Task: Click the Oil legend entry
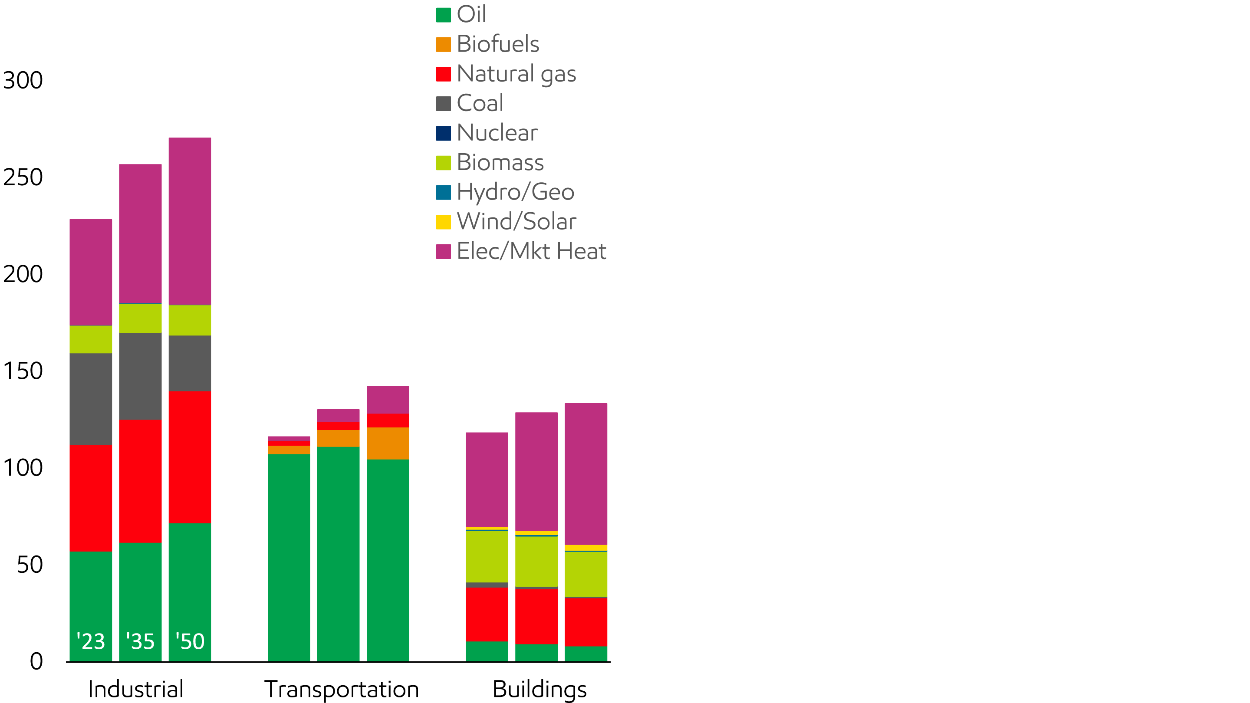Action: [470, 15]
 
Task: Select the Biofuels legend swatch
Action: [443, 45]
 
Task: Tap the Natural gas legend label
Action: [516, 74]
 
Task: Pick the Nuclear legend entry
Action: [497, 133]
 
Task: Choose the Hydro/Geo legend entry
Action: [515, 192]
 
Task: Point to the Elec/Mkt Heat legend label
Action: [531, 251]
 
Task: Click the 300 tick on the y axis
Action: [23, 81]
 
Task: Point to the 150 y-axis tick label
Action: [23, 371]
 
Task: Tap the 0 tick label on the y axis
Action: [36, 661]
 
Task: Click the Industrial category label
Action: [136, 690]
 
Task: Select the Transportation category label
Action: [342, 690]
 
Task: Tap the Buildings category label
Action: [539, 690]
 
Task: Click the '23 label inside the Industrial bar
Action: [91, 641]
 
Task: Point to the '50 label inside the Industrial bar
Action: [190, 641]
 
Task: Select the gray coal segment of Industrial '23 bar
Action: [91, 399]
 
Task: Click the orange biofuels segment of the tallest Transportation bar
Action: [388, 443]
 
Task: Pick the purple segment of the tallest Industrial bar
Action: [190, 221]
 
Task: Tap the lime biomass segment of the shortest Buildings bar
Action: [487, 556]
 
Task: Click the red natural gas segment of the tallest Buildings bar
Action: [586, 621]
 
